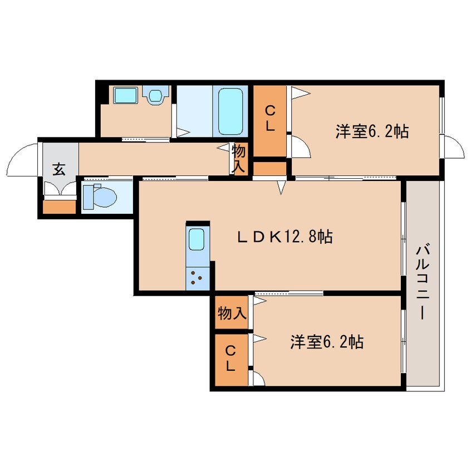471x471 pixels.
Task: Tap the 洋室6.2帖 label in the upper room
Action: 372,132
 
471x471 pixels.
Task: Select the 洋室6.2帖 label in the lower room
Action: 327,341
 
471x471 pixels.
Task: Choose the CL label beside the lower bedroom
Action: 230,359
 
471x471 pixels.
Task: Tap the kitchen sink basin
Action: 197,239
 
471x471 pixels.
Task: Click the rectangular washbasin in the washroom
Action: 123,96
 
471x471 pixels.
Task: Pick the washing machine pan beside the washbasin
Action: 155,96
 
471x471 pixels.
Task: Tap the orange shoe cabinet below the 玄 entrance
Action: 59,207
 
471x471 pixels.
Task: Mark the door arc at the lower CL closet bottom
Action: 258,379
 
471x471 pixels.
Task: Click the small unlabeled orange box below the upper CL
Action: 270,168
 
